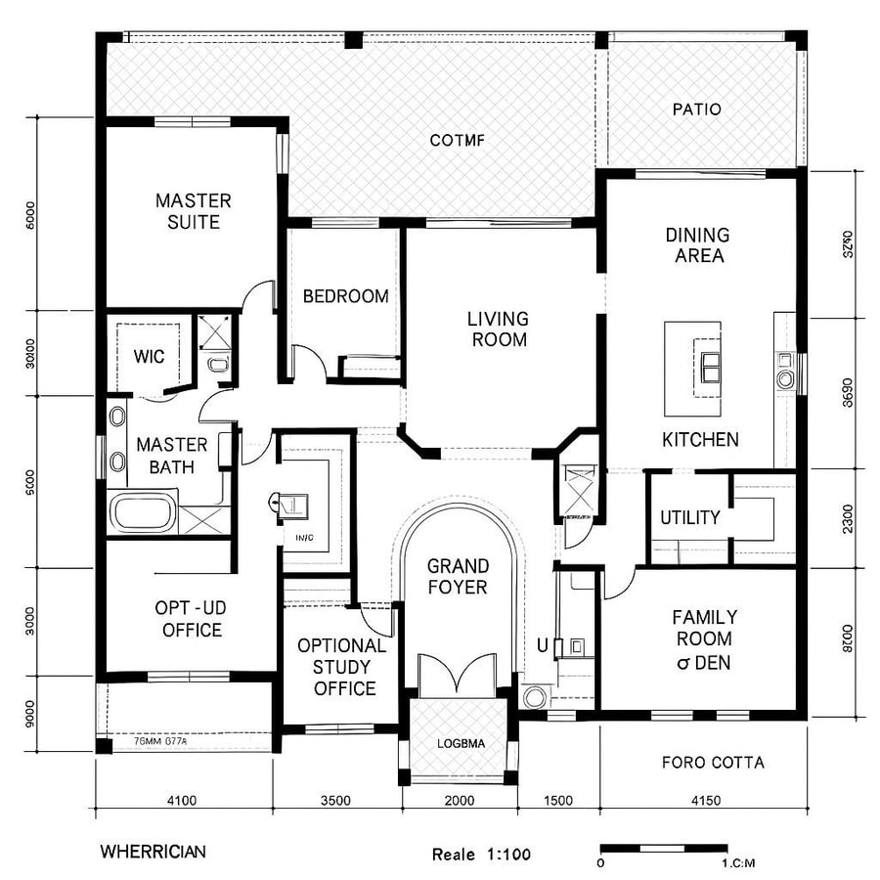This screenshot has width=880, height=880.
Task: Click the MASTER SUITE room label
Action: tap(194, 211)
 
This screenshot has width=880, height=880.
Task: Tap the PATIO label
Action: tap(696, 110)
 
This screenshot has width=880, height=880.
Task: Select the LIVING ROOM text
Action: tap(497, 330)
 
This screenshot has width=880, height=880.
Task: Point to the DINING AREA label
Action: tap(696, 245)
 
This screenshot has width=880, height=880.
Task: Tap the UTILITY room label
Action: tap(689, 517)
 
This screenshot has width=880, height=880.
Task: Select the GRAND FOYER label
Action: tap(457, 576)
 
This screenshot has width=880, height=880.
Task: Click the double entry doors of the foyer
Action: tap(458, 676)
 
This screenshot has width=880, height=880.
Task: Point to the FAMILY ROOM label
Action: tap(704, 639)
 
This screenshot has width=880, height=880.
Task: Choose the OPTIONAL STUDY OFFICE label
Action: tap(341, 667)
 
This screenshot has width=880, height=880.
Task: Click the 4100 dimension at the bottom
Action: tap(182, 801)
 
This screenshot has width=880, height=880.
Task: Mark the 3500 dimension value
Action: tap(334, 801)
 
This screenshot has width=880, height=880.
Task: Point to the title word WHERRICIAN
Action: tap(153, 852)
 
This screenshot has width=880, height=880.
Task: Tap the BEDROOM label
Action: tap(345, 296)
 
